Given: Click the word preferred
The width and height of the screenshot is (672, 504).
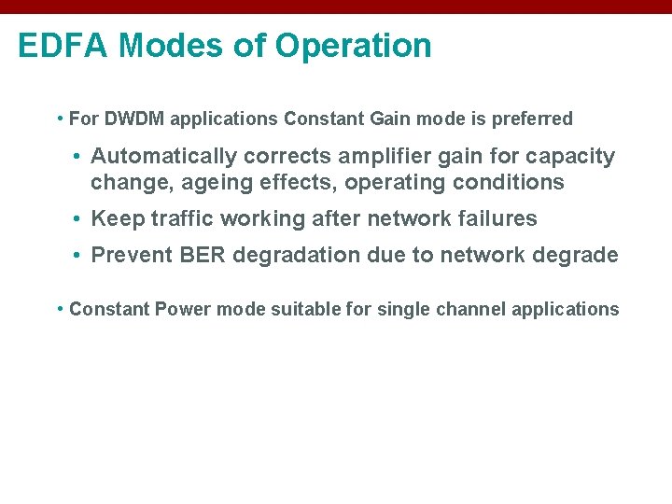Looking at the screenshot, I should (x=532, y=119).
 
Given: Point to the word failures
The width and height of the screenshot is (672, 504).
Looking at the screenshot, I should (x=497, y=219).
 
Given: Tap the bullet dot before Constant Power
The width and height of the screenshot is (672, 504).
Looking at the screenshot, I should (x=60, y=309).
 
